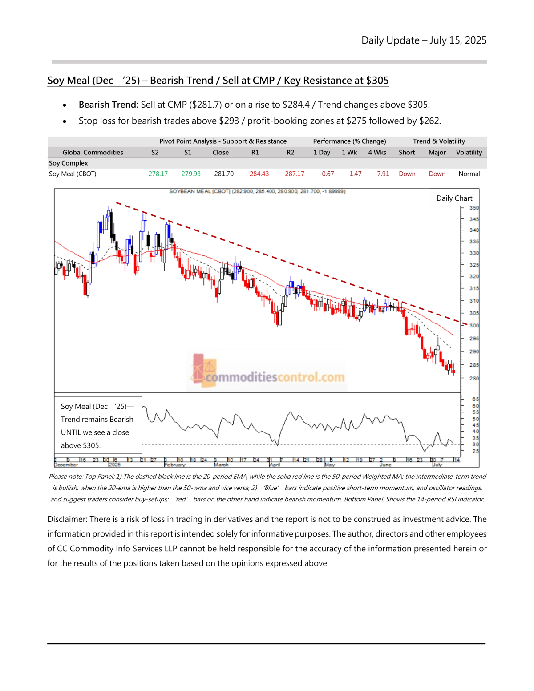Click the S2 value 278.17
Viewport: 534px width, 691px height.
[158, 174]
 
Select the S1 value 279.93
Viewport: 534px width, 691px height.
[191, 174]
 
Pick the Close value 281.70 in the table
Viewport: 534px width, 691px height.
[224, 174]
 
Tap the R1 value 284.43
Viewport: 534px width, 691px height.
[259, 174]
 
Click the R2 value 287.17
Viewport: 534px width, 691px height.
[295, 174]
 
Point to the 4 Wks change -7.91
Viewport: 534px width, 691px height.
[382, 174]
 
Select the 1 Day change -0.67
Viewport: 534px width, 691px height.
[327, 174]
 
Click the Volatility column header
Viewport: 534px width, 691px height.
[469, 152]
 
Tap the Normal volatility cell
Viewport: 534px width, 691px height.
[469, 174]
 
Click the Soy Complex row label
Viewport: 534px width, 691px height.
[69, 163]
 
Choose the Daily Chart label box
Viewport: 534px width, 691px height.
[454, 198]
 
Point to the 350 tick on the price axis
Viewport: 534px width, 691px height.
[474, 208]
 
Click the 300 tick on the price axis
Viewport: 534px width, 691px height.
[474, 326]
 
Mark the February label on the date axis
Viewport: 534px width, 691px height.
[174, 465]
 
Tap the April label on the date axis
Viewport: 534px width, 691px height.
[275, 465]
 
